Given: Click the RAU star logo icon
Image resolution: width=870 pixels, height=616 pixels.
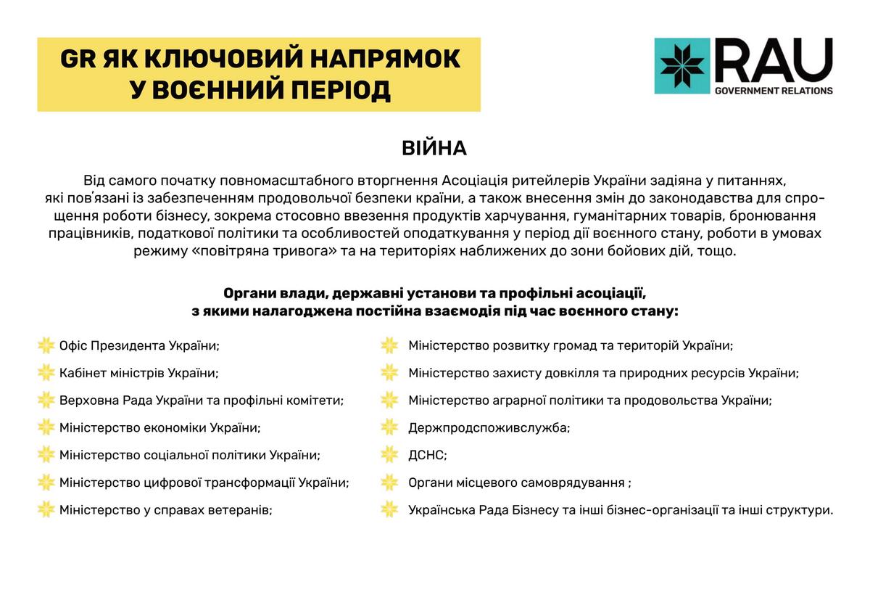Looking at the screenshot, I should click(x=681, y=66).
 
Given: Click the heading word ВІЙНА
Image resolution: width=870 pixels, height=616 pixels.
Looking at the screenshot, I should click(x=434, y=149).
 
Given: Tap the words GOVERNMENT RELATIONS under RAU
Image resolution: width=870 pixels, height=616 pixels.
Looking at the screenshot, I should click(x=774, y=91).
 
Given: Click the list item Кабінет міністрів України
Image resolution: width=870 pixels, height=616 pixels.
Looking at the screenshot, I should click(x=138, y=374).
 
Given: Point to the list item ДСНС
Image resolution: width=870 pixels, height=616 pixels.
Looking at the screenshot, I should click(x=428, y=456).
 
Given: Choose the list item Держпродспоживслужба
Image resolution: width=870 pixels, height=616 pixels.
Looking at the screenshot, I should click(x=489, y=428).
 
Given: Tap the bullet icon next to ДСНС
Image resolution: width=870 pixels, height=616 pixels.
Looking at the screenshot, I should click(x=389, y=456).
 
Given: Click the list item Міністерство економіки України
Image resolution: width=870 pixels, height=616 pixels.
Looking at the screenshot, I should click(x=159, y=428).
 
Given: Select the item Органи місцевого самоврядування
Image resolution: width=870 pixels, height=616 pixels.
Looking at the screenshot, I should click(x=519, y=483).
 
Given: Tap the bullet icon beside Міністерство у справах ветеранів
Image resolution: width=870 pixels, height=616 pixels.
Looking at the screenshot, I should click(x=46, y=510).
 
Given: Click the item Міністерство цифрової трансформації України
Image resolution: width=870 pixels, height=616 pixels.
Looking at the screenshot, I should click(x=204, y=483).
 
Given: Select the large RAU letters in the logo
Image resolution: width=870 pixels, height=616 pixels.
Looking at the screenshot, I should click(x=774, y=61).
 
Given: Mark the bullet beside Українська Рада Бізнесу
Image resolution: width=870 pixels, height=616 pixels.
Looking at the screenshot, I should click(x=389, y=510).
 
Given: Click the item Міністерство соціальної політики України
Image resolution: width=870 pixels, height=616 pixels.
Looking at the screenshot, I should click(x=189, y=456).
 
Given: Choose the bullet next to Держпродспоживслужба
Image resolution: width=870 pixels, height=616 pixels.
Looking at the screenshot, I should click(x=389, y=428).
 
